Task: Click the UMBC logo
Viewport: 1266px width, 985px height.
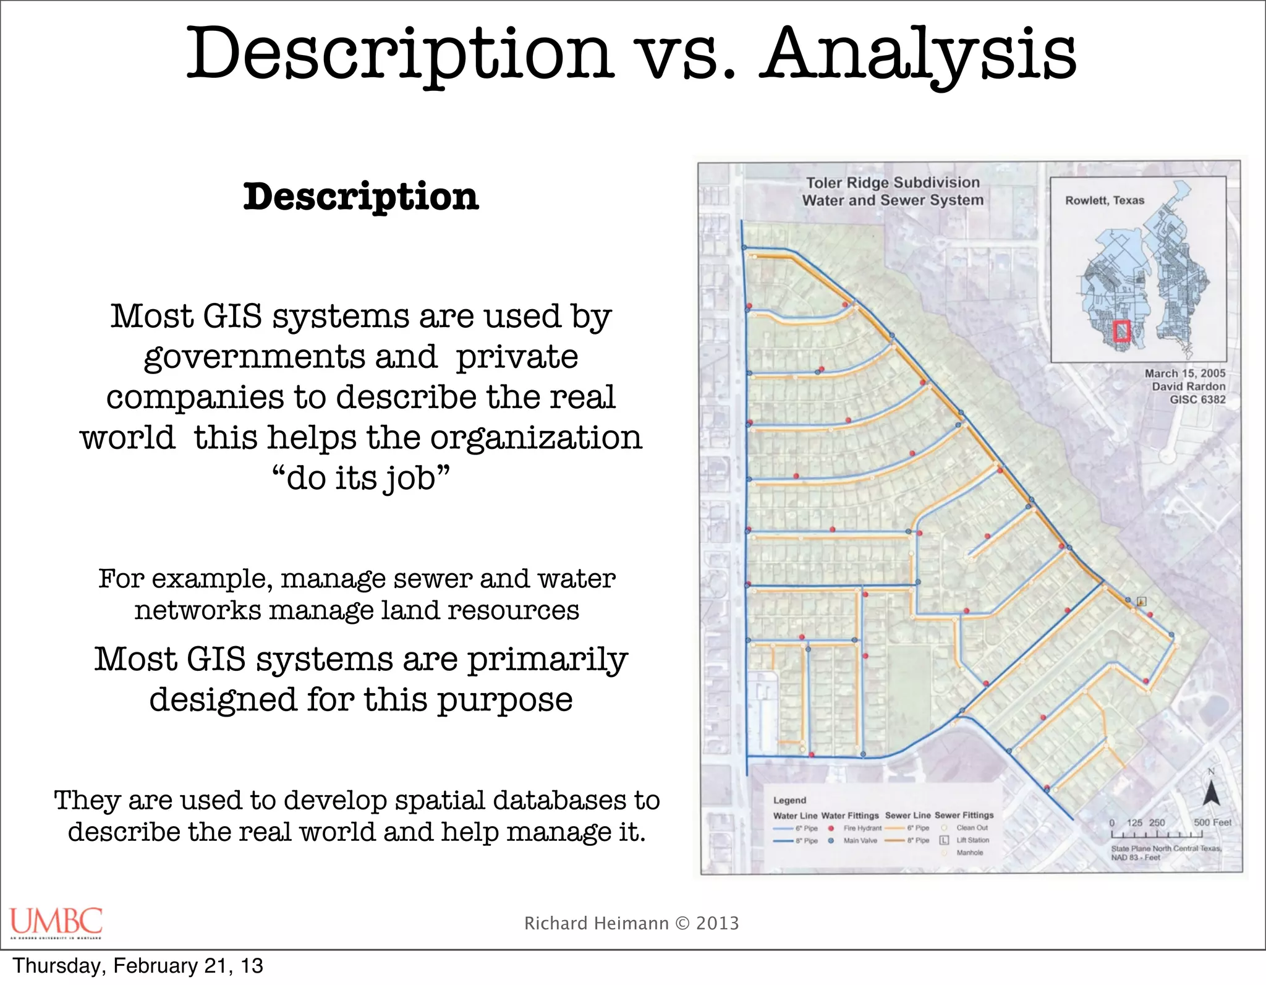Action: (x=56, y=922)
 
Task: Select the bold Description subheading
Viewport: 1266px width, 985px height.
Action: (x=361, y=197)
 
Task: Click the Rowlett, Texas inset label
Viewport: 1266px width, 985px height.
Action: (x=1104, y=200)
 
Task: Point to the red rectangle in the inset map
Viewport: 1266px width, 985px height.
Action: (x=1121, y=331)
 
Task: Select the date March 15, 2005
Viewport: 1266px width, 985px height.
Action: (x=1184, y=373)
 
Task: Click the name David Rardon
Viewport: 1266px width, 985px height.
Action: (x=1188, y=386)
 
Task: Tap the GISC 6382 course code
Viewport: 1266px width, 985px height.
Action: (x=1197, y=399)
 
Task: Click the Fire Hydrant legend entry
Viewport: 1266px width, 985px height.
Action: (x=862, y=828)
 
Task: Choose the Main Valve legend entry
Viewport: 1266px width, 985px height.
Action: (x=860, y=841)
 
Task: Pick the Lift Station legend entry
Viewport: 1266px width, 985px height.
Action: (x=972, y=840)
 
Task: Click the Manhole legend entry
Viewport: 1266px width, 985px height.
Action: (x=969, y=853)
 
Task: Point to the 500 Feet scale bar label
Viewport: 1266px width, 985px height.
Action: (x=1212, y=822)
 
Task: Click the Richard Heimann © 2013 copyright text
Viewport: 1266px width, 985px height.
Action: (x=631, y=923)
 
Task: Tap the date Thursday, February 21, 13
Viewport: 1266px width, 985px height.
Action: (x=138, y=966)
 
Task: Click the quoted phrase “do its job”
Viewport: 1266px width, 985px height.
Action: (x=361, y=478)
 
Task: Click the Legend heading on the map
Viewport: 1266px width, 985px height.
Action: (x=789, y=800)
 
